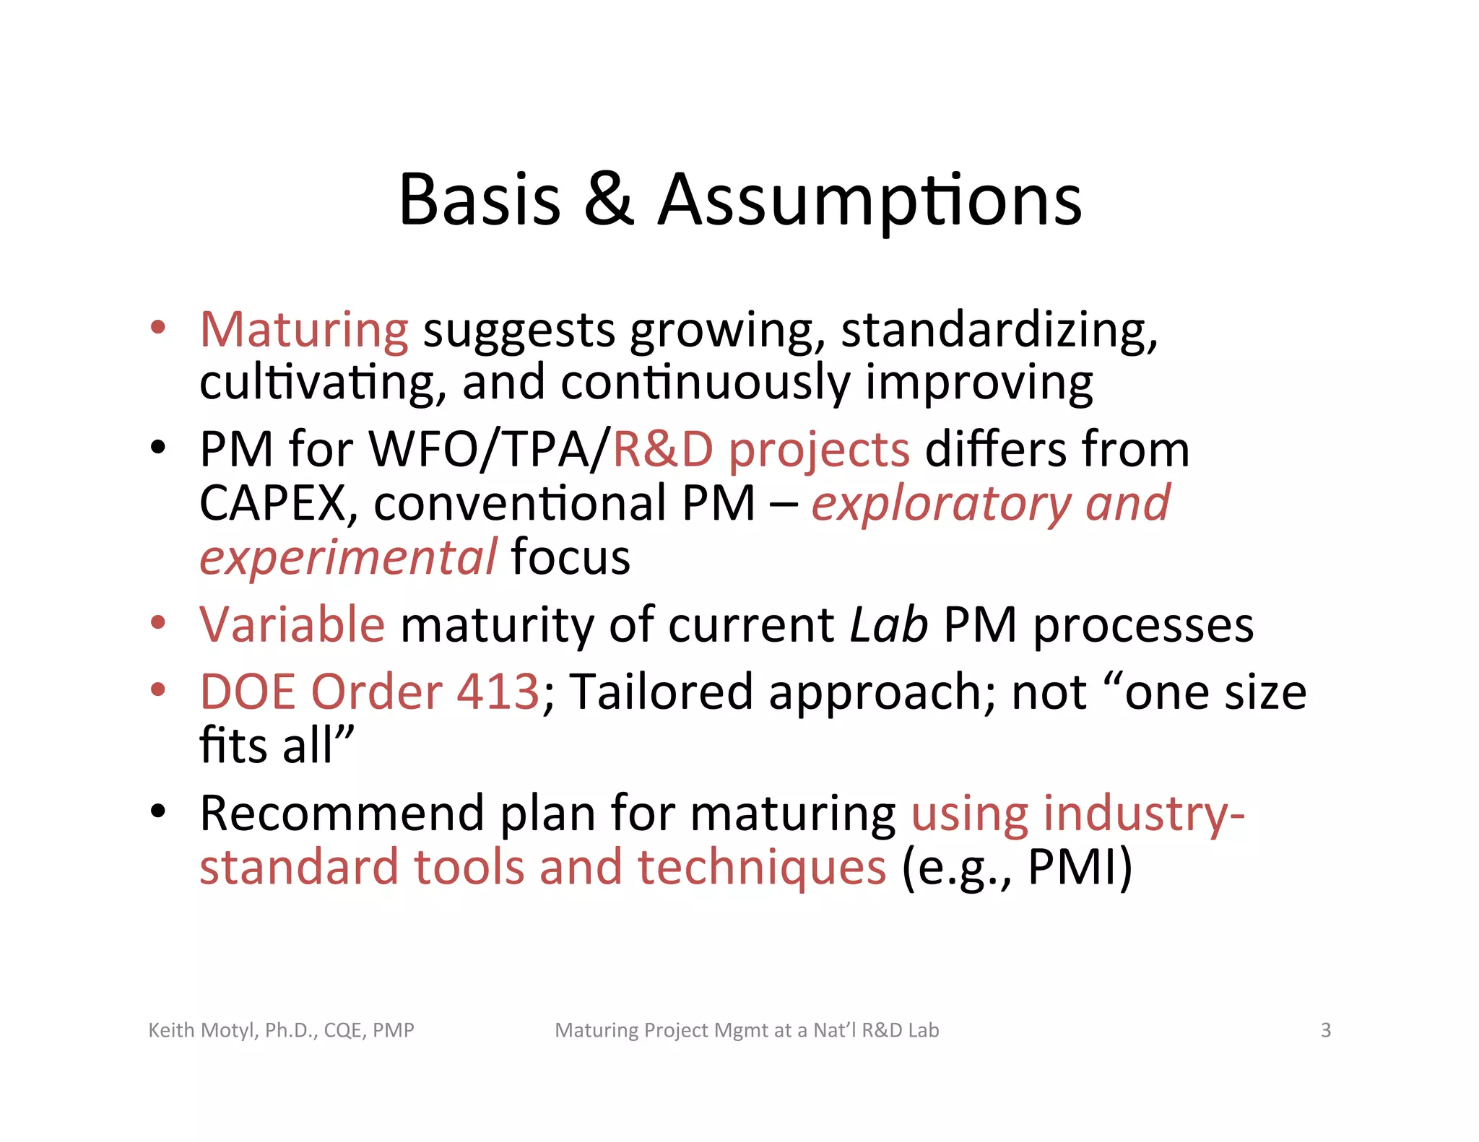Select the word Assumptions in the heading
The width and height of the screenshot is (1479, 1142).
pos(869,200)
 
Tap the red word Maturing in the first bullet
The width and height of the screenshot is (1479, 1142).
pos(304,330)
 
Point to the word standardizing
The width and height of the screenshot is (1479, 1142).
pos(999,330)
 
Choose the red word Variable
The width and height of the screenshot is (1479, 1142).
pos(292,624)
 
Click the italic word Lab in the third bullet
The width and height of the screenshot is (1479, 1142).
pos(888,624)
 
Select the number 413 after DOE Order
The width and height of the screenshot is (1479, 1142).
pos(498,692)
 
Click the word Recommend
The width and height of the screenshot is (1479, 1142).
pos(342,814)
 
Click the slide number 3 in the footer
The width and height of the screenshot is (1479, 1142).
pos(1325,1030)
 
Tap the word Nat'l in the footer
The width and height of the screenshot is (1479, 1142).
pos(834,1030)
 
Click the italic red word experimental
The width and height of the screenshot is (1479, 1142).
pos(348,558)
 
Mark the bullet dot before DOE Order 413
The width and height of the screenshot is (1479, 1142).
pos(158,689)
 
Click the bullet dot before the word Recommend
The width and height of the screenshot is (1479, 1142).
pos(158,811)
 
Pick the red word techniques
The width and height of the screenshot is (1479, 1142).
pos(761,867)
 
